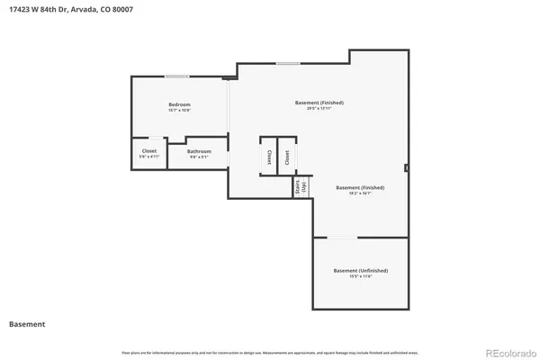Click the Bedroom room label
pos(179,104)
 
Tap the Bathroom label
pos(199,150)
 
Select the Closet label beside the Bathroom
pos(149,150)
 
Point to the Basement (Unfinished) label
pos(360,270)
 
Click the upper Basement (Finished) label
pos(319,103)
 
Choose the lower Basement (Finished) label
pos(360,187)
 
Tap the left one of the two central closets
pos(268,157)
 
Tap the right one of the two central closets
pos(287,157)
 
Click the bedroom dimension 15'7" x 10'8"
pos(179,111)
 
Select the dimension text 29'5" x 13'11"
pos(319,109)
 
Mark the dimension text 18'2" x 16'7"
pos(360,193)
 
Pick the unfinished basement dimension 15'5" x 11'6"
pos(360,276)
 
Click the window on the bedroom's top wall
pos(176,76)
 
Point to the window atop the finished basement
pos(288,63)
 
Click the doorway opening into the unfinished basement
pos(341,238)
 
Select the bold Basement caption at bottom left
pos(27,323)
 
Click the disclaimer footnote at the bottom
pos(270,349)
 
